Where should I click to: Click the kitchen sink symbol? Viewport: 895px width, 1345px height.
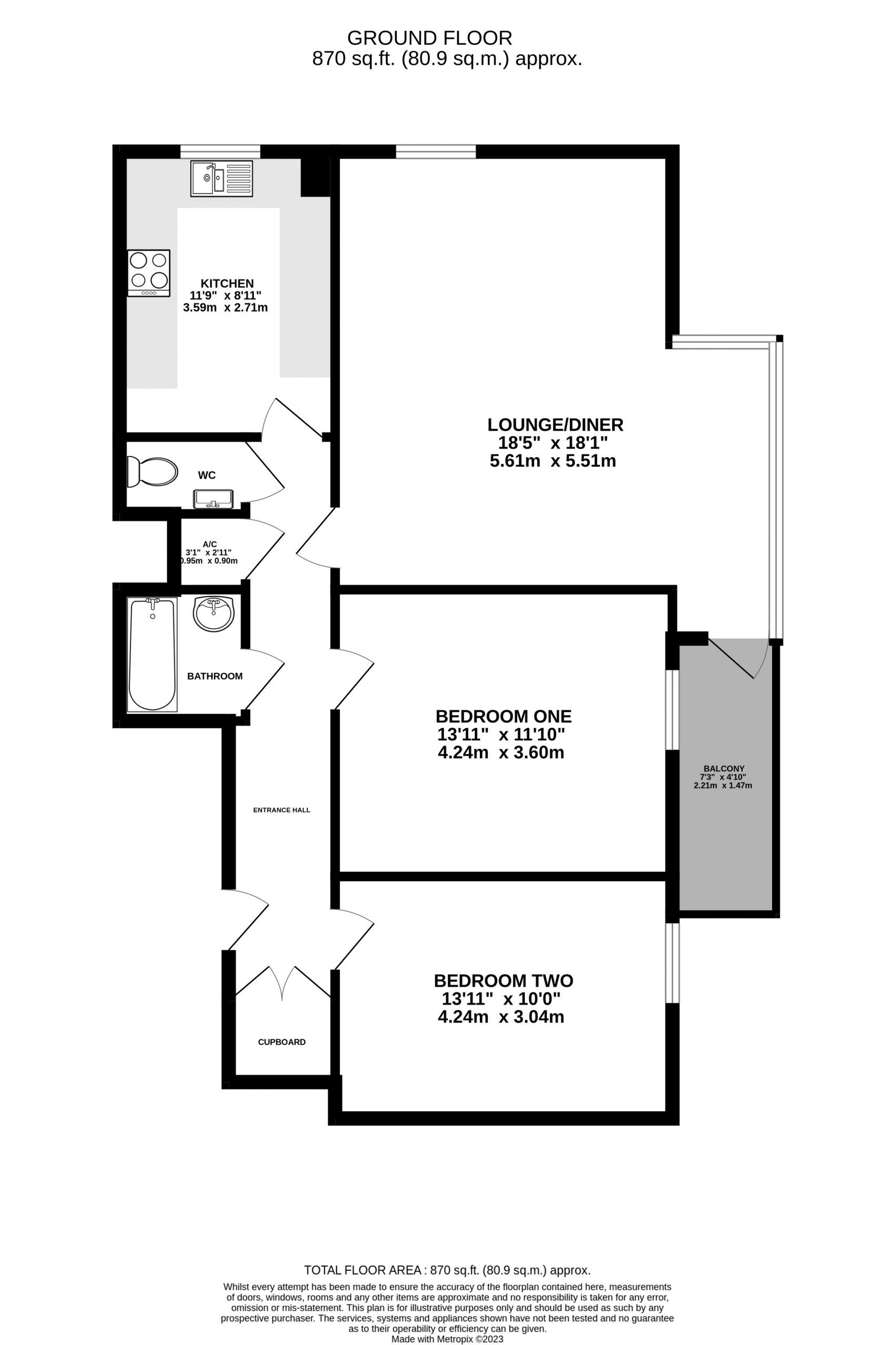pyautogui.click(x=221, y=178)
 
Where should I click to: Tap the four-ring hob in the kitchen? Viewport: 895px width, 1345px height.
pyautogui.click(x=148, y=273)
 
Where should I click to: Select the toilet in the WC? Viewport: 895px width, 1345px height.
pyautogui.click(x=151, y=471)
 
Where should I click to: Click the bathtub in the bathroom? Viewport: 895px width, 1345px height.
pyautogui.click(x=152, y=654)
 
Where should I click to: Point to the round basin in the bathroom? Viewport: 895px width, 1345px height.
pyautogui.click(x=213, y=614)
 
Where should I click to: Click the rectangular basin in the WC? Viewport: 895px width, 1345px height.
pyautogui.click(x=213, y=498)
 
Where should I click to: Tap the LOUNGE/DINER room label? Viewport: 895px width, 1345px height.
pyautogui.click(x=555, y=425)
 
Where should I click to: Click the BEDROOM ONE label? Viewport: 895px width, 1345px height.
pyautogui.click(x=503, y=716)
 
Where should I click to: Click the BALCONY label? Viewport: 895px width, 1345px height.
pyautogui.click(x=724, y=769)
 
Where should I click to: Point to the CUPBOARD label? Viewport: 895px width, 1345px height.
pyautogui.click(x=281, y=1042)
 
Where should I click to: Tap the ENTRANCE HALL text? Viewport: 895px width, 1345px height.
pyautogui.click(x=281, y=810)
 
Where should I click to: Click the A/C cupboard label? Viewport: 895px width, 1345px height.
pyautogui.click(x=210, y=544)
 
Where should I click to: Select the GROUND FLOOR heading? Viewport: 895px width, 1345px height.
pyautogui.click(x=429, y=38)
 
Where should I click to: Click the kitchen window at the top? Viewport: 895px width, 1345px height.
pyautogui.click(x=220, y=151)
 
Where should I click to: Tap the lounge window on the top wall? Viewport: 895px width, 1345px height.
pyautogui.click(x=436, y=151)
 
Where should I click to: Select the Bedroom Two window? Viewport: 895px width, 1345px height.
pyautogui.click(x=673, y=962)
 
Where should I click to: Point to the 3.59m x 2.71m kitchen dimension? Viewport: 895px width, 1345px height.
pyautogui.click(x=225, y=307)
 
